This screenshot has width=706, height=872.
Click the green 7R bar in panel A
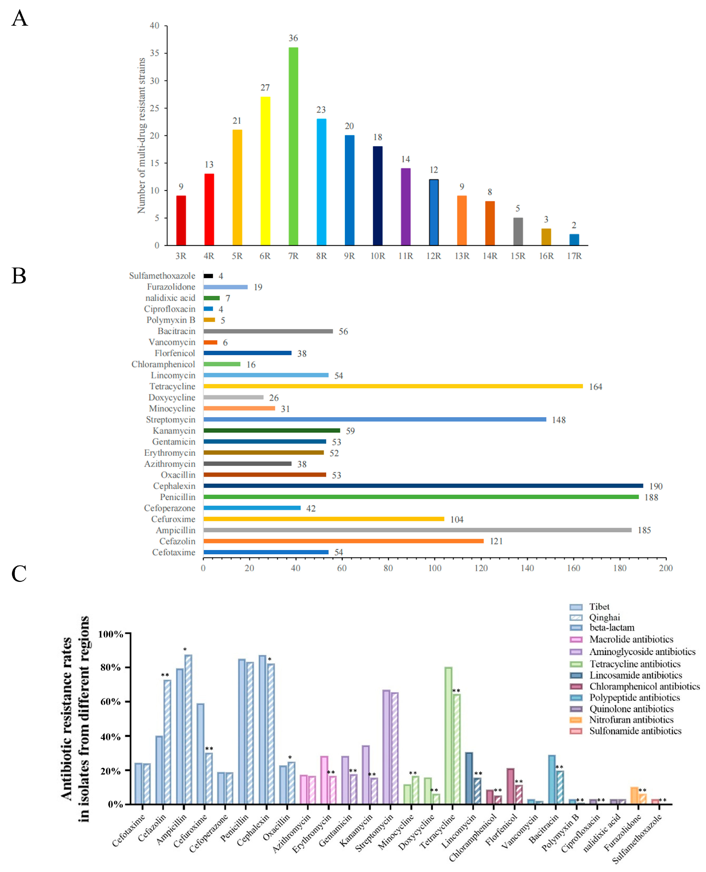293,147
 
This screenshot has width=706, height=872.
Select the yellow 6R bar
265,171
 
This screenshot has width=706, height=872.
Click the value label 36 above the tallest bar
293,38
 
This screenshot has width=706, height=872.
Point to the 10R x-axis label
377,256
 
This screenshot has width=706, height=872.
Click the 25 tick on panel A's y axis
155,108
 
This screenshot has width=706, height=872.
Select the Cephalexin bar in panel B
423,486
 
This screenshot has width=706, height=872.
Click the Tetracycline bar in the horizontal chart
393,386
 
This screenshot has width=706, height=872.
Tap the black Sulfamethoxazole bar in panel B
208,276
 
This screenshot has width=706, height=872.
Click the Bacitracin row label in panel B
176,331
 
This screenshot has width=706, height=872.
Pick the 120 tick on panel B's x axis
481,568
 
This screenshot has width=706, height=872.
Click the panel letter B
19,276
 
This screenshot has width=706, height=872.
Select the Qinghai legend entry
604,617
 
